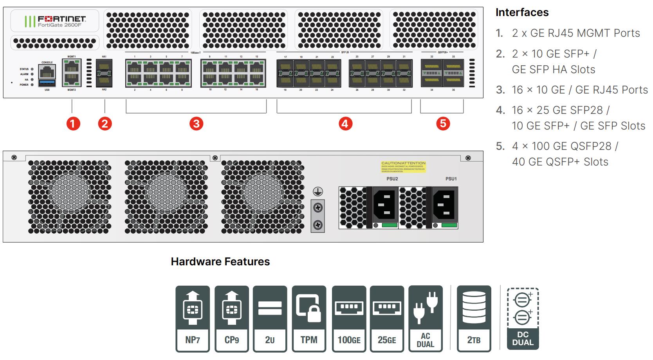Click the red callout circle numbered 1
73,124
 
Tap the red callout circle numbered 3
196,124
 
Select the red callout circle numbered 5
443,124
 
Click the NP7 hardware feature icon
193,319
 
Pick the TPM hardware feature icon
309,319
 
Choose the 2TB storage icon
474,319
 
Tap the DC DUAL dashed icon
523,319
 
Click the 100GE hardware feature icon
349,319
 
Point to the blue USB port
47,83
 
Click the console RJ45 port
47,72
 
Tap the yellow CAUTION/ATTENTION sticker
403,167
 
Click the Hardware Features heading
220,261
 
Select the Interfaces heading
522,13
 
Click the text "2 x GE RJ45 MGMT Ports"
575,33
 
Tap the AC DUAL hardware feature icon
426,319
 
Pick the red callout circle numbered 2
105,124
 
